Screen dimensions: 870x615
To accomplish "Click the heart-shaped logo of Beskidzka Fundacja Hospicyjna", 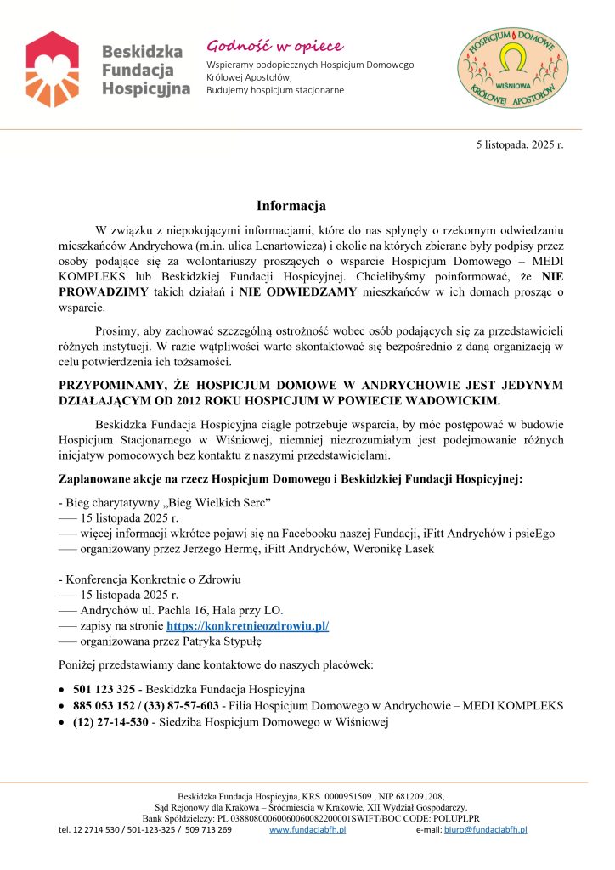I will tap(53, 65).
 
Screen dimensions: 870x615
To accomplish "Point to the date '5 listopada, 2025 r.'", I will tap(519, 144).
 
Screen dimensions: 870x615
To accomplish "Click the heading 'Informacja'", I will tap(291, 206).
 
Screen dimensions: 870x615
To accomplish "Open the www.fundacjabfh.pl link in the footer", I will tap(307, 829).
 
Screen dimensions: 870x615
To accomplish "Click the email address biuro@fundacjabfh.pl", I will tap(485, 829).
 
